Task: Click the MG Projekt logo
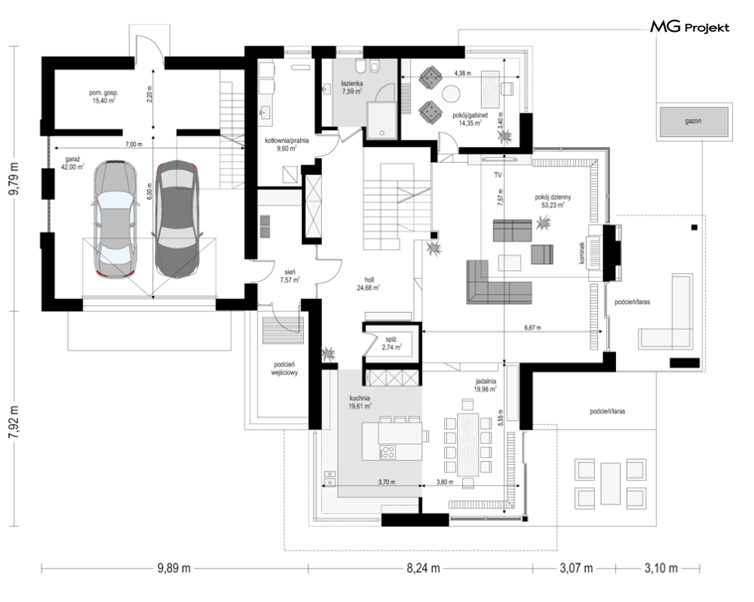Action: (x=690, y=27)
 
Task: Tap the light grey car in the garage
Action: (x=115, y=220)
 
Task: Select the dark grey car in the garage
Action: (x=177, y=220)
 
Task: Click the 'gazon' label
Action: (x=693, y=121)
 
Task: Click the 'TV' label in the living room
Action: (x=498, y=176)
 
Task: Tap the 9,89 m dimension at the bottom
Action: (x=174, y=569)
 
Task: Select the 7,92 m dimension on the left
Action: (x=16, y=421)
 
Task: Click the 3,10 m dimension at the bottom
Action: (x=662, y=569)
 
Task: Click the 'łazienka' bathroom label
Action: (x=352, y=83)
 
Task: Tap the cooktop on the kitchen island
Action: (x=387, y=451)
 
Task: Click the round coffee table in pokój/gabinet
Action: (x=451, y=94)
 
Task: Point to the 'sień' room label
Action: (x=289, y=272)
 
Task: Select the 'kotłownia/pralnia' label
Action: (x=286, y=141)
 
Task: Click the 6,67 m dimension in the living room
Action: (x=532, y=328)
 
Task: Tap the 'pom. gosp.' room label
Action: (x=103, y=92)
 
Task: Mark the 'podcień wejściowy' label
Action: (x=284, y=369)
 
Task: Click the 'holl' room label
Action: (x=369, y=279)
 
